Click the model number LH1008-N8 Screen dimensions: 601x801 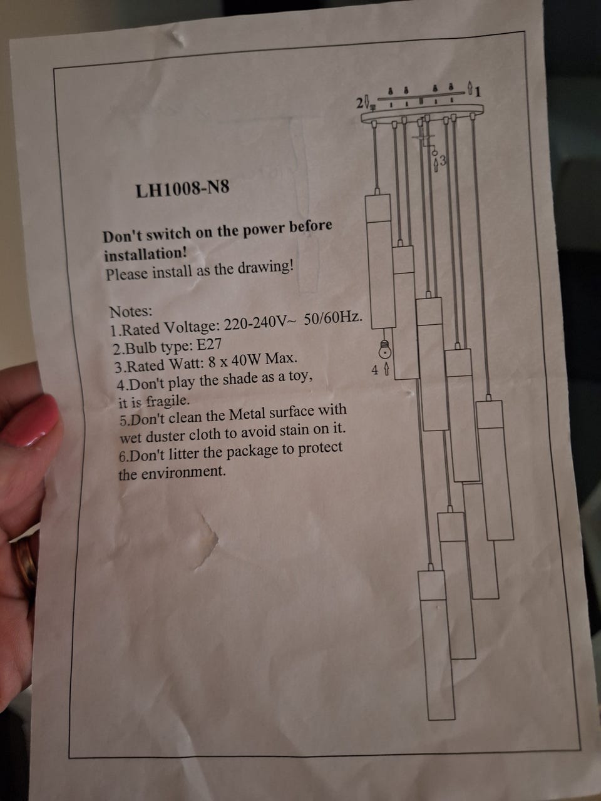182,189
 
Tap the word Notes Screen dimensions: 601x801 131,312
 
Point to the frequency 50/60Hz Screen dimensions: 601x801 333,319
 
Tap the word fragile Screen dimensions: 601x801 168,401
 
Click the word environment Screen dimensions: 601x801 183,472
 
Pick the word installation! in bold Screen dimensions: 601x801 146,254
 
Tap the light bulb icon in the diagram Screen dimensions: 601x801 384,349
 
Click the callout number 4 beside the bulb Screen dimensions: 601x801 375,370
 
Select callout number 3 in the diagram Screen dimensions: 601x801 442,160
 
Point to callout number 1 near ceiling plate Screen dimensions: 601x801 478,92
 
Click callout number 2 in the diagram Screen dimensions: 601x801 360,103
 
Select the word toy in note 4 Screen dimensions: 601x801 300,375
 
